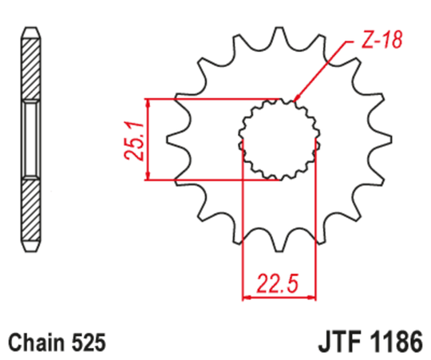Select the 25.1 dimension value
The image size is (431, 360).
(x=136, y=140)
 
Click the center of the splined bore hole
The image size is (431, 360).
(x=277, y=140)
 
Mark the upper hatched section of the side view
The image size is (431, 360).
(x=30, y=69)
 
